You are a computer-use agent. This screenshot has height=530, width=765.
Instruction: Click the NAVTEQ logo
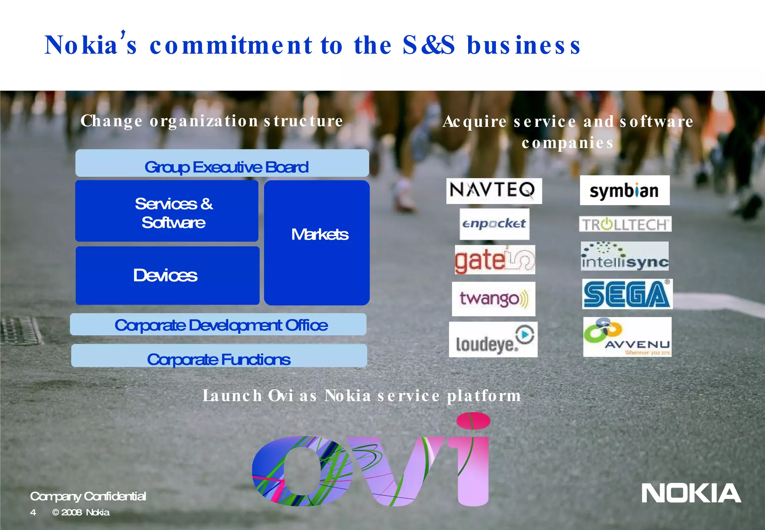(494, 191)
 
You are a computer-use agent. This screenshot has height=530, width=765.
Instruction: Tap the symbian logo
(625, 191)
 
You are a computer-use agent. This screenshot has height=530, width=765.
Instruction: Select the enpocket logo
(494, 224)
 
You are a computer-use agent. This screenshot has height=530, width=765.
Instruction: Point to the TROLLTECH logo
(625, 224)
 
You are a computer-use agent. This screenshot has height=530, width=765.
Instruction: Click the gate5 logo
(495, 260)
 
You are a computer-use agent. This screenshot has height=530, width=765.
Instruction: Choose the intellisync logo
(625, 256)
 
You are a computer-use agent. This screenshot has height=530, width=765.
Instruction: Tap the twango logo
(493, 299)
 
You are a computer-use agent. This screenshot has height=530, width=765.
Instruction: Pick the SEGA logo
(627, 294)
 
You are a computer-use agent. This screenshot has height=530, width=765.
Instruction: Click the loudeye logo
(493, 339)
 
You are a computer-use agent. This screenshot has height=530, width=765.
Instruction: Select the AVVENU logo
(627, 337)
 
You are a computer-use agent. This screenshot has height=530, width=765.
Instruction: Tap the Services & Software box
(167, 211)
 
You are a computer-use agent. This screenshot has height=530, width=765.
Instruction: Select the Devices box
(167, 275)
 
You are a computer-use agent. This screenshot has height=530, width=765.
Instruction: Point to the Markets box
(317, 243)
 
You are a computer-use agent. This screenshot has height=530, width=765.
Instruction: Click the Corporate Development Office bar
(218, 324)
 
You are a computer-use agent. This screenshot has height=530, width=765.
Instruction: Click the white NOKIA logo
(691, 493)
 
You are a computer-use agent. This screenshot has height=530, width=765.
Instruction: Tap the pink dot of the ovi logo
(473, 420)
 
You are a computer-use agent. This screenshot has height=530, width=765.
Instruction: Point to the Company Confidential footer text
(88, 496)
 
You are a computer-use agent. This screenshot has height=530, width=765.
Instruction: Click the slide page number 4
(33, 512)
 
